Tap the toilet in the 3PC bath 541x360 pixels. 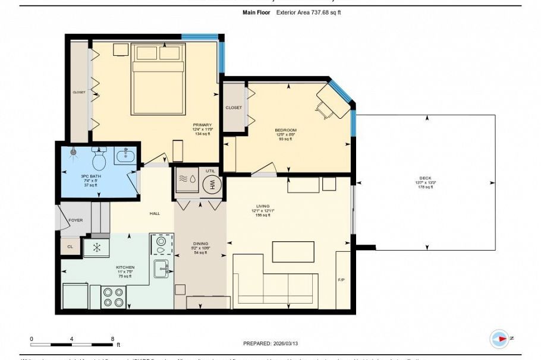pos(99,159)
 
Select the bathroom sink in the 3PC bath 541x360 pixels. pos(125,157)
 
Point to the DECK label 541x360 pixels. pos(425,178)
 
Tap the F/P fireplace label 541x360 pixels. pos(341,279)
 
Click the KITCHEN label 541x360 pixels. pos(125,267)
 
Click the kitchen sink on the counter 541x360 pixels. pos(161,268)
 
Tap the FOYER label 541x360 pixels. pos(76,220)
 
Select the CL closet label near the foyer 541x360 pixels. pos(70,246)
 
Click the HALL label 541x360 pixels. pos(155,213)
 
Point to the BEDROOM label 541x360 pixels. pos(285,130)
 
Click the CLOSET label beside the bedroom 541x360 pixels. pos(234,108)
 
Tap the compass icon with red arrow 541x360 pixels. pos(499,339)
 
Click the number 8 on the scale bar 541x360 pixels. pos(112,339)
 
